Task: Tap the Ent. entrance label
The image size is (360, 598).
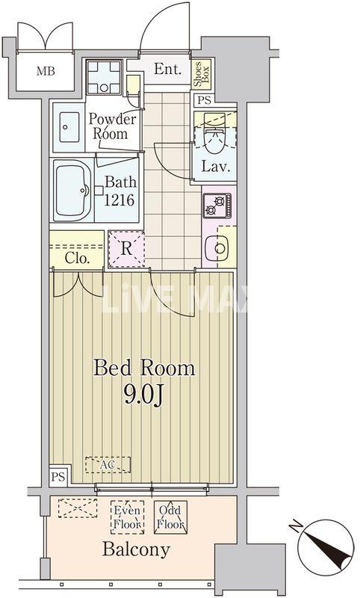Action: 169,70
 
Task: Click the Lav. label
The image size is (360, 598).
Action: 214,166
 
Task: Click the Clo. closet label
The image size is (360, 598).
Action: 77,259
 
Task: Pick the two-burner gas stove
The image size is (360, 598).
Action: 217,204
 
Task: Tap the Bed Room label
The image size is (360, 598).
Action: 143,368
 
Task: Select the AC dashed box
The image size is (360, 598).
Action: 108,465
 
